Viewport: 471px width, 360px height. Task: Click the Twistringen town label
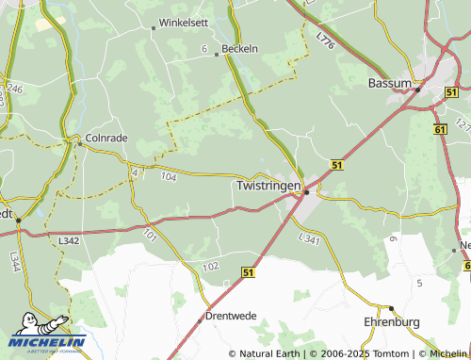tap(268, 187)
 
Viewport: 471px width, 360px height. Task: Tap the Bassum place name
tap(389, 84)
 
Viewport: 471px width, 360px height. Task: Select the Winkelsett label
tap(186, 21)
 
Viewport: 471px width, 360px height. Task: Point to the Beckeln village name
tap(239, 49)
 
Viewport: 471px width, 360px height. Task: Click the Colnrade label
tap(106, 138)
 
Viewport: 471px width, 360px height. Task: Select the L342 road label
tap(68, 242)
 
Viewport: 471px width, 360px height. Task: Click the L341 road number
tap(309, 240)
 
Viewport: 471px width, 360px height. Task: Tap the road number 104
tap(169, 176)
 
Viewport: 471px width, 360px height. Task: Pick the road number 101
tap(151, 234)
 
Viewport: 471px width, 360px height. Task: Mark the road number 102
tap(210, 268)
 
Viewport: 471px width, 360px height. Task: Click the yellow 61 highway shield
tap(441, 129)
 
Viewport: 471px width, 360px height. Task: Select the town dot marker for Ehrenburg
tap(391, 308)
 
